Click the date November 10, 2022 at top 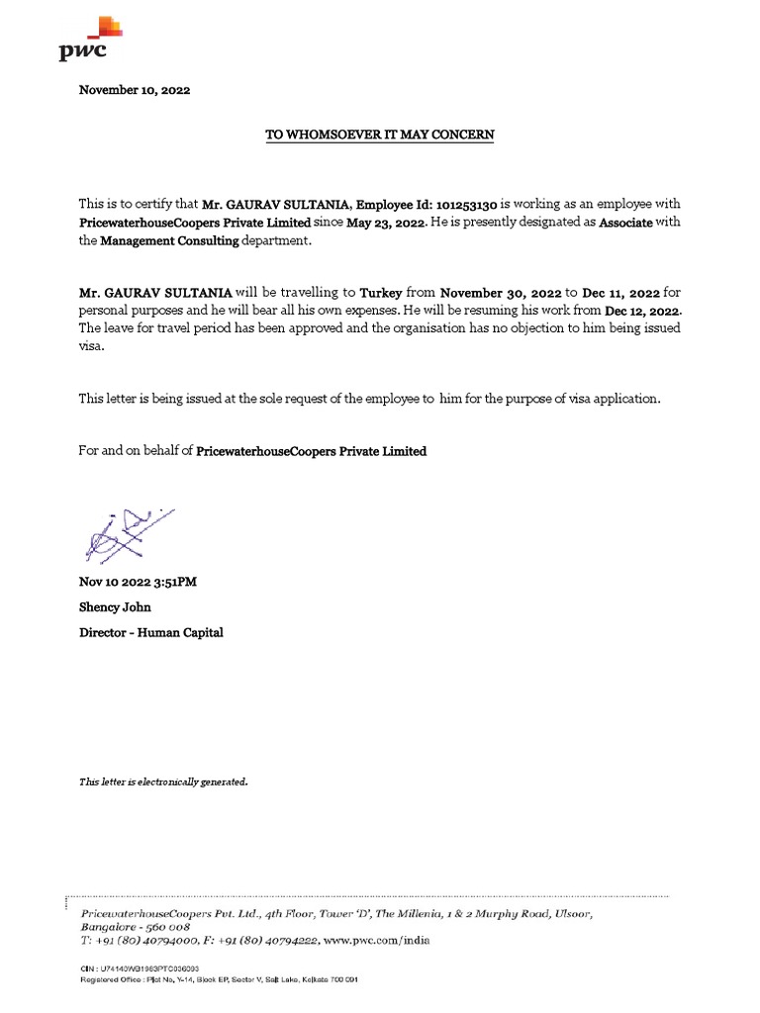134,90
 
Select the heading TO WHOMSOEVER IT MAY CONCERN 379,134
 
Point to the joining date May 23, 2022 385,223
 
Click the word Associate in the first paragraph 625,223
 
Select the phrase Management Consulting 169,240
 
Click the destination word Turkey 381,293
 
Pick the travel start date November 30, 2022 500,293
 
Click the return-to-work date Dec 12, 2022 642,311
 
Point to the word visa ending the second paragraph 91,347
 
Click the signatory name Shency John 116,606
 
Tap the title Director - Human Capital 150,632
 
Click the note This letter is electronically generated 163,783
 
